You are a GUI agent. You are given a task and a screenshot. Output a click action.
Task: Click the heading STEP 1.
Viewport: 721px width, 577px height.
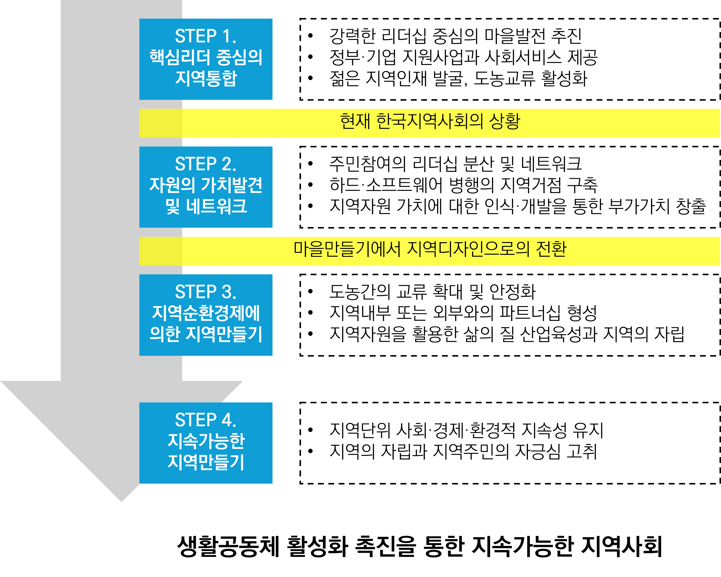(205, 36)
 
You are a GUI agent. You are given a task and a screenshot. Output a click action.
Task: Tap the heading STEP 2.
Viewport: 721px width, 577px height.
(205, 164)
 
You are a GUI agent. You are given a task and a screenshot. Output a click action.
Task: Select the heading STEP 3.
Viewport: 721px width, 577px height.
(205, 292)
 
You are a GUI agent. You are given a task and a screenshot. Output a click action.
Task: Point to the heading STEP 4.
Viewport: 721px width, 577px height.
(205, 420)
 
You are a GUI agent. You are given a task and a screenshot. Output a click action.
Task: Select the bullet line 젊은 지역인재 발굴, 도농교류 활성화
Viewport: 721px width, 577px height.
(458, 79)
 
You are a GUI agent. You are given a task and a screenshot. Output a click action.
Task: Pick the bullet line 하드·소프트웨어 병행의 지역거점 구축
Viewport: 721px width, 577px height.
(463, 185)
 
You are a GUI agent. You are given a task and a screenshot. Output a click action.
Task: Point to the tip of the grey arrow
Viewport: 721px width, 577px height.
(121, 501)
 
